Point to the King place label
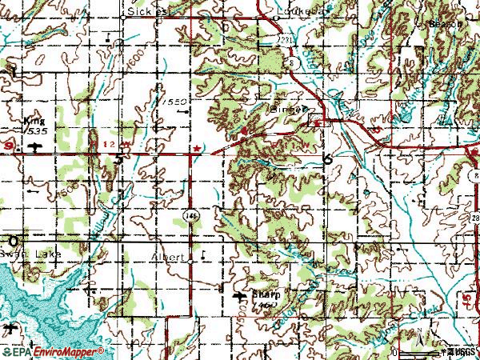tap(34, 118)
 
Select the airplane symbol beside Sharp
tap(239, 298)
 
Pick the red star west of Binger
tap(196, 148)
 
